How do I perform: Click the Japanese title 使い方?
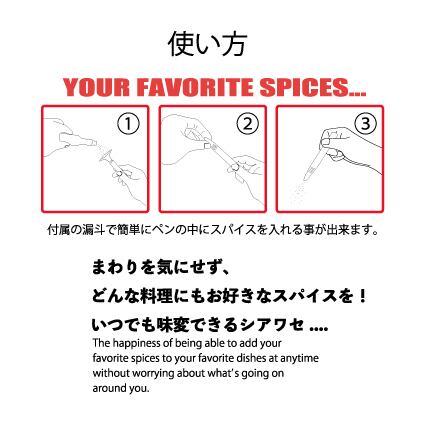point(207,44)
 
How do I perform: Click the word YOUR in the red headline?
point(96,88)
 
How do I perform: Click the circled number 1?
point(128,124)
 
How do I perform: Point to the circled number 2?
point(247,124)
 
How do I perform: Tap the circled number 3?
point(366,124)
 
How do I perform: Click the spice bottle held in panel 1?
point(77,140)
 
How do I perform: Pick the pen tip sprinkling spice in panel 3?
point(308,174)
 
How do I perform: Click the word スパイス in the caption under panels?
point(232,230)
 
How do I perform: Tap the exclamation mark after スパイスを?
point(363,295)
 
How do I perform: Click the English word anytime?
point(299,358)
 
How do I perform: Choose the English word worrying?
point(153,373)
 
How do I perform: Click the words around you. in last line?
point(121,388)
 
